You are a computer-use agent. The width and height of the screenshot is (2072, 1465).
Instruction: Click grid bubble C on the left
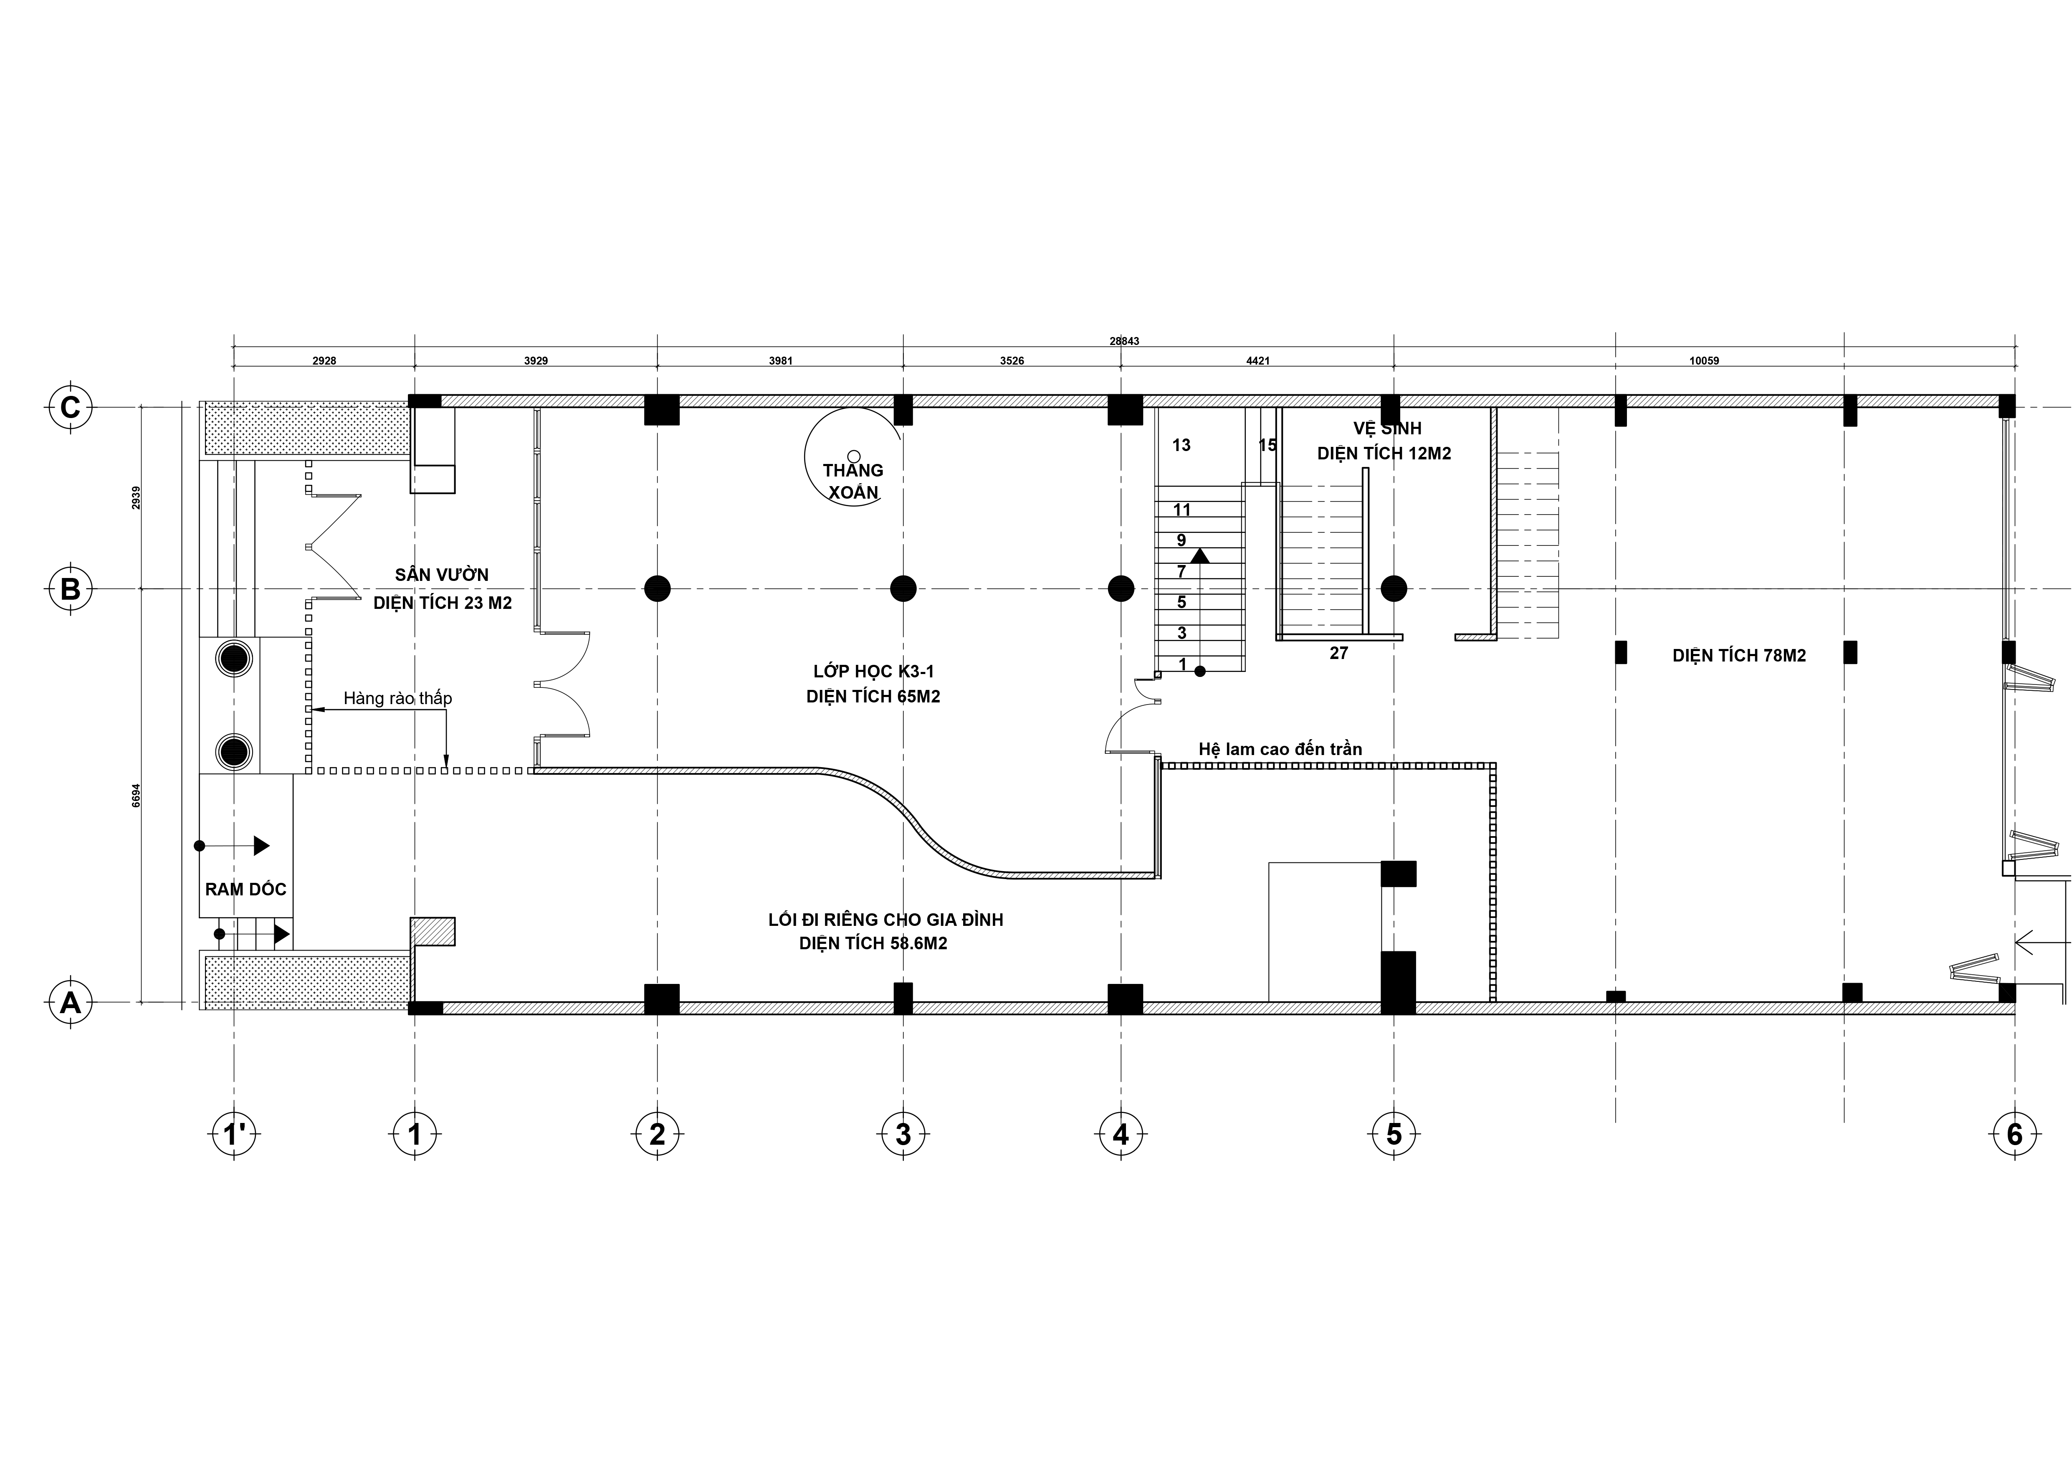click(69, 407)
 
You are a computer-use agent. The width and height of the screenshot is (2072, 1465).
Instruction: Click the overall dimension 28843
click(1124, 341)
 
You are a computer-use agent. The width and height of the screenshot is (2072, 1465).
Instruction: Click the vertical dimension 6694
click(136, 795)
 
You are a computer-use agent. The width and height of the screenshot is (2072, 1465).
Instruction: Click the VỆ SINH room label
click(1387, 429)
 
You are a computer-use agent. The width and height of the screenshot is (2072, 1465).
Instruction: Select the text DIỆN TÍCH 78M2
click(1739, 655)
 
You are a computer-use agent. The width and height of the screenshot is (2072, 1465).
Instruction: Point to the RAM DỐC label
click(245, 889)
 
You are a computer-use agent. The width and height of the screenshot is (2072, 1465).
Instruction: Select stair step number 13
click(1181, 445)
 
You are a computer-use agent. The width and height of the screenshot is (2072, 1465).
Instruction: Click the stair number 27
click(1338, 653)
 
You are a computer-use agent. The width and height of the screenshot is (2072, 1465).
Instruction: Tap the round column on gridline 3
click(903, 588)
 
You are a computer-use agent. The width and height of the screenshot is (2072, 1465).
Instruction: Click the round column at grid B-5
click(1394, 588)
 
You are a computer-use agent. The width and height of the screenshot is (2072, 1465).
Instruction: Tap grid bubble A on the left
click(69, 1003)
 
